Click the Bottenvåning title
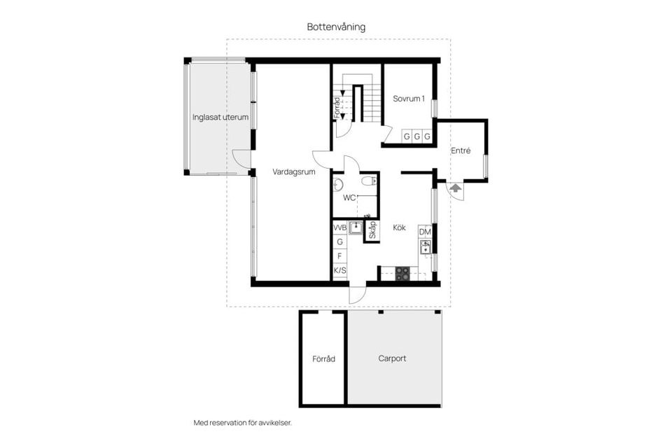(x=336, y=27)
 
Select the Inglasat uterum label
(x=220, y=117)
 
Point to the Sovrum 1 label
(x=409, y=99)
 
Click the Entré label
(x=461, y=150)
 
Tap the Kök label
(x=399, y=227)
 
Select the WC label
(x=349, y=197)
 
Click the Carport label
(x=392, y=358)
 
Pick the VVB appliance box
(x=340, y=227)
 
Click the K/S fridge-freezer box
(x=340, y=270)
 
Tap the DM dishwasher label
(x=424, y=232)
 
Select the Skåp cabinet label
(x=372, y=230)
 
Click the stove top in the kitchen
(x=402, y=274)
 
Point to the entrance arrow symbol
(x=454, y=188)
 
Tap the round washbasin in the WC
(x=338, y=185)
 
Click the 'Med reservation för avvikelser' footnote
(x=242, y=423)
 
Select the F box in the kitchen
(x=340, y=256)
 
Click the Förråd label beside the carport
(x=323, y=358)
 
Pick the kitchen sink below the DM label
(x=424, y=246)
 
